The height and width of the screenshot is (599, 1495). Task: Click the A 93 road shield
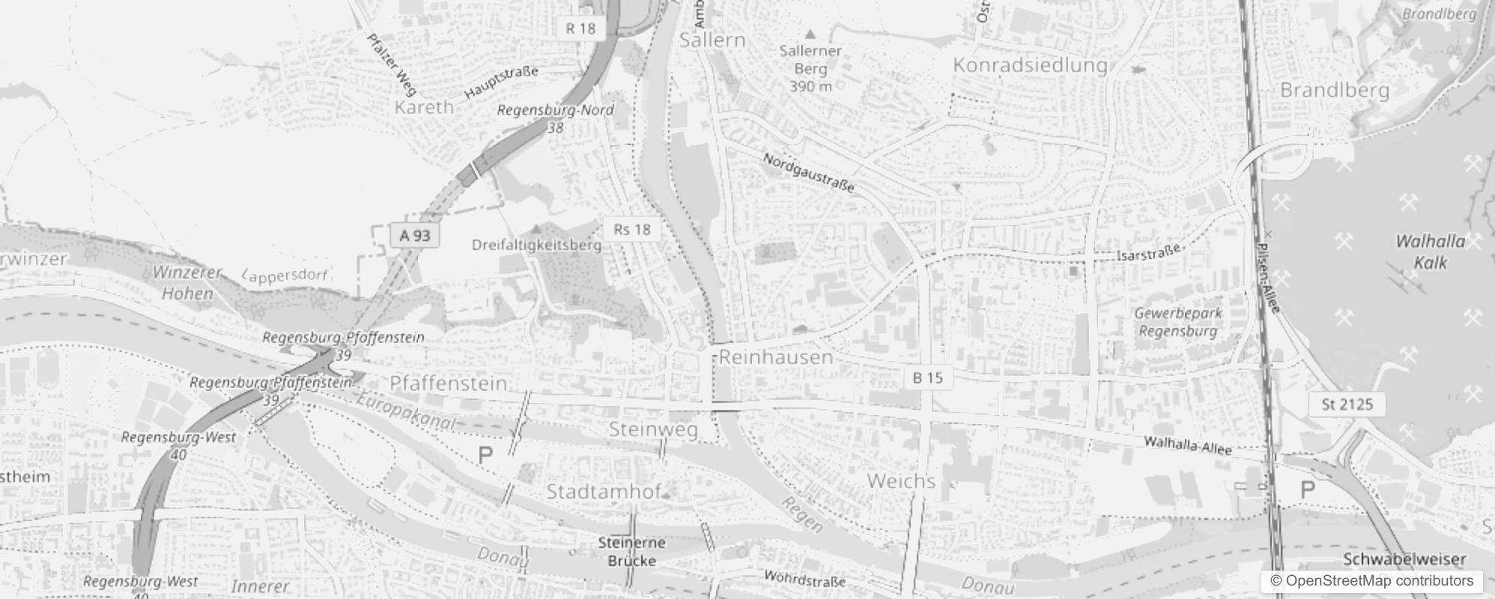(x=414, y=235)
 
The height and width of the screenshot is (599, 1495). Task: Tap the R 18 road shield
(x=580, y=28)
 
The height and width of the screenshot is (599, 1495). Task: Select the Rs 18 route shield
(x=631, y=229)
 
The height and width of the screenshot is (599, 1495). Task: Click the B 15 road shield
(x=927, y=377)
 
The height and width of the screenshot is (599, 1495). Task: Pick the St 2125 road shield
(x=1347, y=404)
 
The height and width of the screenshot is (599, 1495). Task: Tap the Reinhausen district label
(x=776, y=357)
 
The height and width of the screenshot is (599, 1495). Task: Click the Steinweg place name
(x=653, y=430)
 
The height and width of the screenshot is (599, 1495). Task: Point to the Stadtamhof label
(x=604, y=492)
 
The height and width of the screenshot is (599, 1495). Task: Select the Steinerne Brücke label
(x=631, y=551)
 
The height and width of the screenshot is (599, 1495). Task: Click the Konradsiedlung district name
(x=1030, y=65)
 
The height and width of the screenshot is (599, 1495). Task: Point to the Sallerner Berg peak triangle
(x=810, y=34)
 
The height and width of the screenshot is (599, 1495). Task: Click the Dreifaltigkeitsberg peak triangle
(x=536, y=228)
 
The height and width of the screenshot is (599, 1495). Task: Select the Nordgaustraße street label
(x=808, y=173)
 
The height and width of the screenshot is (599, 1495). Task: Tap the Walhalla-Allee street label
(x=1187, y=446)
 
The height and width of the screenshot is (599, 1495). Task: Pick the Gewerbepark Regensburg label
(x=1177, y=322)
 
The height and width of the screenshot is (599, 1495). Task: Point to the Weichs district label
(x=901, y=481)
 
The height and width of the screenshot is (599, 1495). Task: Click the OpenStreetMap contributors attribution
(x=1371, y=581)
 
